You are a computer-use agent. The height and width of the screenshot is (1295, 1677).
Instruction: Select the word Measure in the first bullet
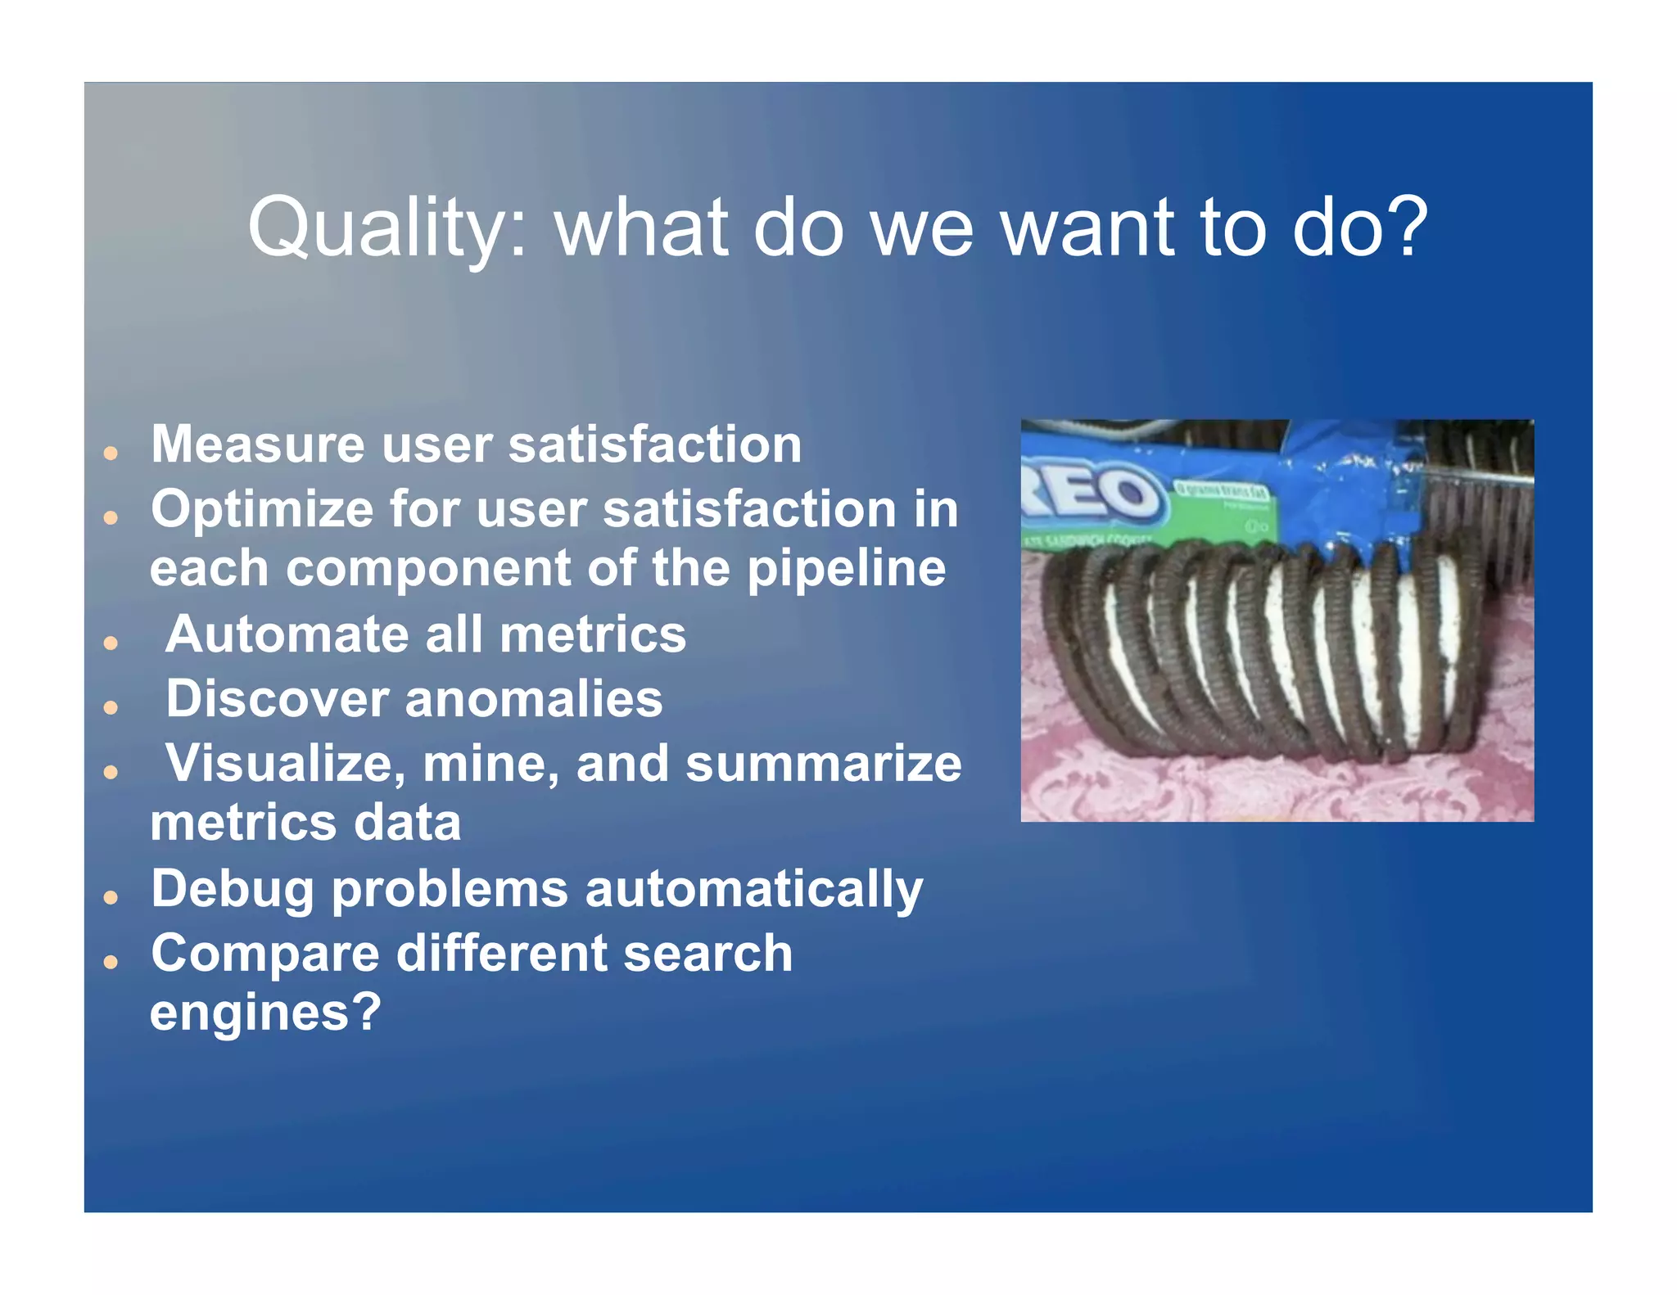[257, 444]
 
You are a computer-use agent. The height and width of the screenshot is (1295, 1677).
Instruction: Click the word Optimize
[261, 510]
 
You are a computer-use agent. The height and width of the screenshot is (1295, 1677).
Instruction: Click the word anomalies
[533, 699]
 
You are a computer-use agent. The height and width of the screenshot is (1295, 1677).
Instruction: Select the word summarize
[823, 764]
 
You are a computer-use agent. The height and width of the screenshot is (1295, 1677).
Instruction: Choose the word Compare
[265, 954]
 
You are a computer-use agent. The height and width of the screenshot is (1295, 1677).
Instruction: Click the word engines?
[265, 1013]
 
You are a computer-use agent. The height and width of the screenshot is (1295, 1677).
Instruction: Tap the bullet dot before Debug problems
[111, 897]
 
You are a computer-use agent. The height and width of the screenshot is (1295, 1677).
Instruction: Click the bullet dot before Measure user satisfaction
[111, 453]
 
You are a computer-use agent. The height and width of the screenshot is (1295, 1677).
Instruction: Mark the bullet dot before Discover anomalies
[111, 707]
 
